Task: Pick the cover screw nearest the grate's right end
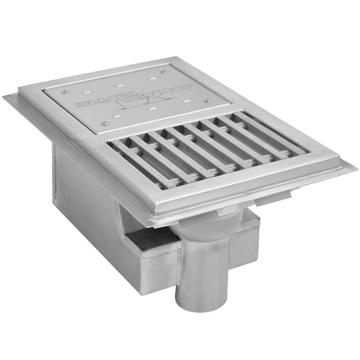pyautogui.click(x=208, y=101)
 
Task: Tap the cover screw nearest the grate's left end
pyautogui.click(x=104, y=123)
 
